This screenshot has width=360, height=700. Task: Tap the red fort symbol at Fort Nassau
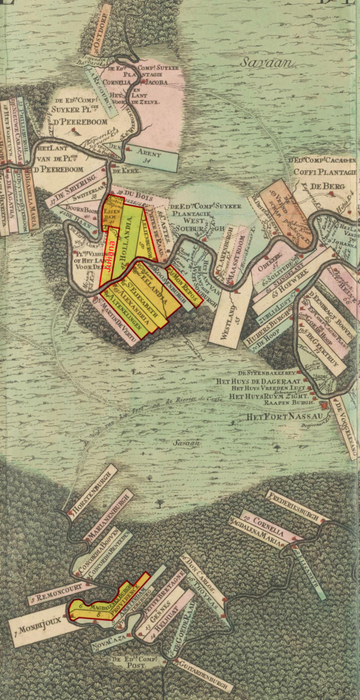323,405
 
